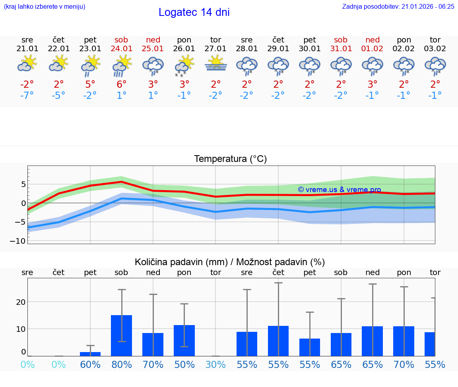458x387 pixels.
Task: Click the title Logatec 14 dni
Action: click(194, 12)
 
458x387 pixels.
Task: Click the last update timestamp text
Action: click(398, 7)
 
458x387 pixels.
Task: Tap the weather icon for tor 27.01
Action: click(215, 64)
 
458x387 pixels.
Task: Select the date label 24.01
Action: click(121, 49)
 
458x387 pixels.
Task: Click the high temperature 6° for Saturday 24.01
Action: click(121, 84)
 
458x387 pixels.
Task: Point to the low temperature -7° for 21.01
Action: click(27, 96)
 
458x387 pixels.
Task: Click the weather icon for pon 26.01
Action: click(184, 65)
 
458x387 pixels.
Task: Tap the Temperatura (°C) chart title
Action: click(230, 159)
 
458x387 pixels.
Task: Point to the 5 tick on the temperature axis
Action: click(23, 184)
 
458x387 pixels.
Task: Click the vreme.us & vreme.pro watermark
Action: click(339, 190)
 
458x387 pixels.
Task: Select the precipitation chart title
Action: click(230, 262)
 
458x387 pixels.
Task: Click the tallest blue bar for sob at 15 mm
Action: click(121, 335)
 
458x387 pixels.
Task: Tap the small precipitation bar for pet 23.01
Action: click(90, 354)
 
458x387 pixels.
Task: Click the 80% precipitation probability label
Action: click(121, 365)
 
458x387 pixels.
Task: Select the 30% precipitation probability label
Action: click(215, 365)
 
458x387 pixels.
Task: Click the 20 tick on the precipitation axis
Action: click(21, 302)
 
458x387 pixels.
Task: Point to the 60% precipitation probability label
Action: click(90, 365)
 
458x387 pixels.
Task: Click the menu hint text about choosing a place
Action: click(45, 7)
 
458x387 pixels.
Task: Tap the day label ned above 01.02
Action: click(373, 40)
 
